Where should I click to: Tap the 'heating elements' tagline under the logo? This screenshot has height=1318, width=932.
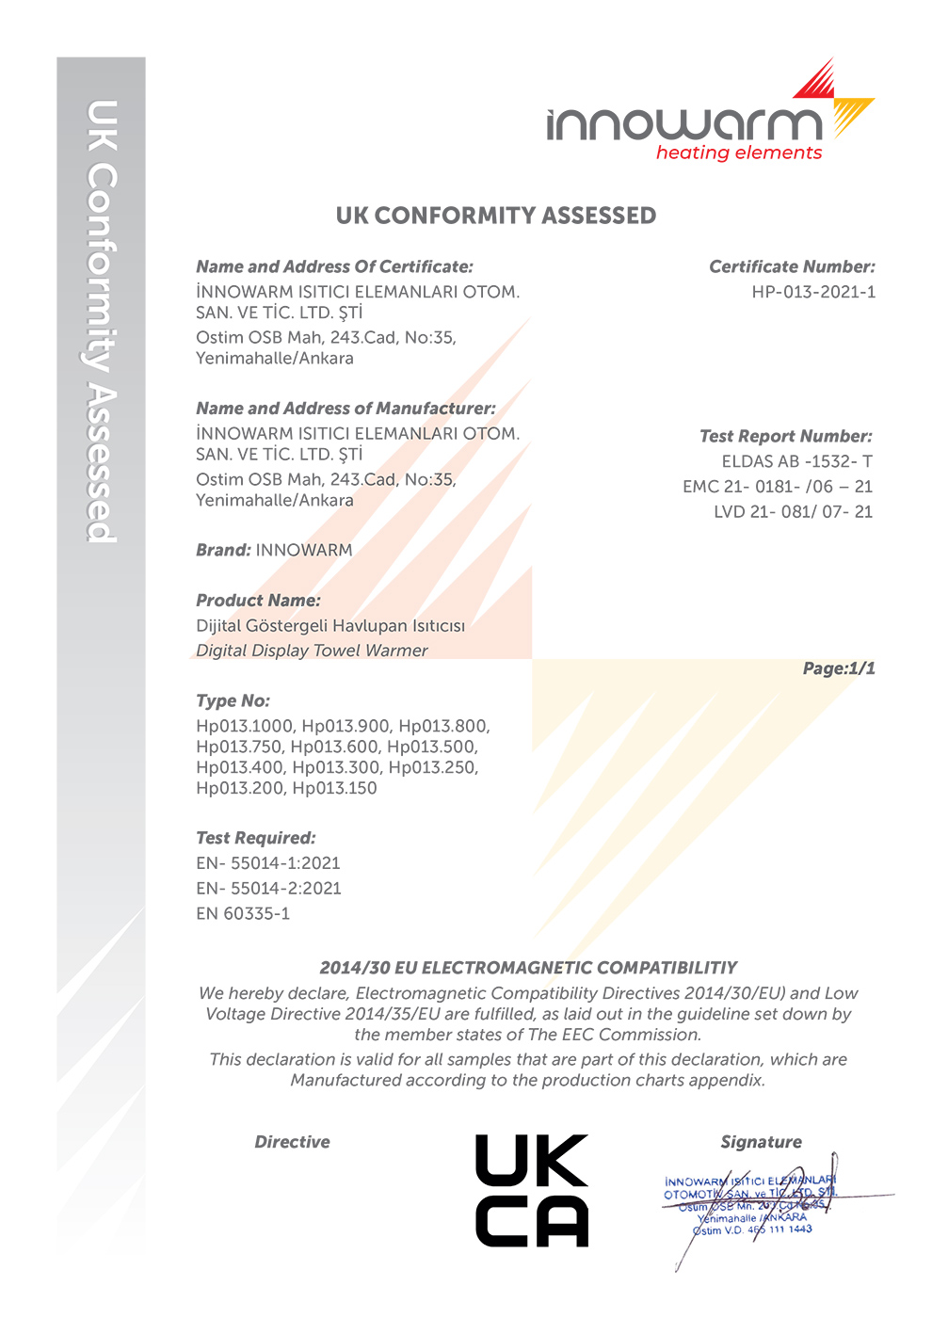(x=739, y=153)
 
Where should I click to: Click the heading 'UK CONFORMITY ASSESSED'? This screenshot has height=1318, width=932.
(x=496, y=216)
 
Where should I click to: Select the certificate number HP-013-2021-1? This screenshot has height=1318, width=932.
(x=813, y=292)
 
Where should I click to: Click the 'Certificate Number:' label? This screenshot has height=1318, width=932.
(x=792, y=267)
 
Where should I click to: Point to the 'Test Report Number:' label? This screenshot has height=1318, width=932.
(x=785, y=437)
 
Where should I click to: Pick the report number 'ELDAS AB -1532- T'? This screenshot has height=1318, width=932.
(x=796, y=461)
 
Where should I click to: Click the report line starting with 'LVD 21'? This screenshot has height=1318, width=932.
(x=793, y=512)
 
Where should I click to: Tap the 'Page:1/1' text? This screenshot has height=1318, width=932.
(x=839, y=668)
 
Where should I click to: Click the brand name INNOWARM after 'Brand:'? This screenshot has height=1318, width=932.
(x=304, y=551)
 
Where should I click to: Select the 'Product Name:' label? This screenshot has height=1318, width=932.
(x=258, y=601)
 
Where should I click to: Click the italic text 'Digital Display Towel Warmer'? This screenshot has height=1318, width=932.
(x=312, y=651)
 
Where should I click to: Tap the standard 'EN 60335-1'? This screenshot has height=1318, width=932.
(x=243, y=913)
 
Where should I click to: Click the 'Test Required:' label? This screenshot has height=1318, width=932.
(x=256, y=838)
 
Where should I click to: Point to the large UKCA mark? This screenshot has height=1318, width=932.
(x=532, y=1191)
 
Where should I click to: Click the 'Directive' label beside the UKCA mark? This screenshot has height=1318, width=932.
(x=292, y=1142)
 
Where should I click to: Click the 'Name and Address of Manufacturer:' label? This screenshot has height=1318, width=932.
(x=345, y=409)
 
